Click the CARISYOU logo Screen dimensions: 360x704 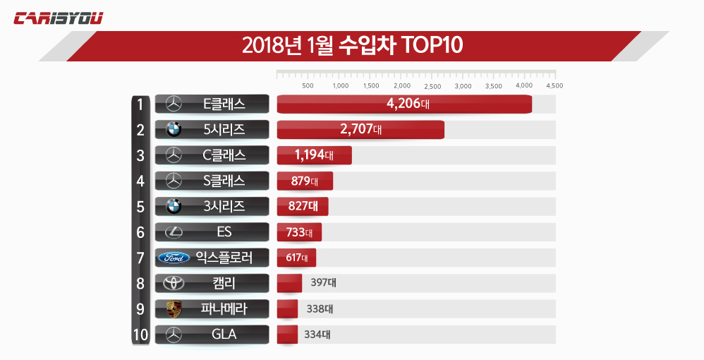[x=59, y=18]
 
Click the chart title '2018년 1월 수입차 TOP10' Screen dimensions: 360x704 [x=352, y=45]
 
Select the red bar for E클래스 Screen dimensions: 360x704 [x=403, y=104]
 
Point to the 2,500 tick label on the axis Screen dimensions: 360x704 [x=433, y=86]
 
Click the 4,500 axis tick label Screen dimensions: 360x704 [x=554, y=86]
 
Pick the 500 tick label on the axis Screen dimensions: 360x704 [x=308, y=86]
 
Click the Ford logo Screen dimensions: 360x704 [x=174, y=258]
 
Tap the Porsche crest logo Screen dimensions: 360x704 [x=174, y=308]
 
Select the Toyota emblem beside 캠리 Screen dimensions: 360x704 [x=174, y=283]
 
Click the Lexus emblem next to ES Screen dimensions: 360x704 [x=174, y=232]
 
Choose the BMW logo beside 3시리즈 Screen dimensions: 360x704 [x=174, y=206]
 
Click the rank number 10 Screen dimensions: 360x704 [x=140, y=335]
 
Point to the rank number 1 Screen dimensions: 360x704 [x=140, y=104]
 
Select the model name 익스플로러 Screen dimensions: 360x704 [x=224, y=258]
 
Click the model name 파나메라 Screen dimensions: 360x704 [x=224, y=308]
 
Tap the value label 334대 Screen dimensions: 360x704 [x=317, y=335]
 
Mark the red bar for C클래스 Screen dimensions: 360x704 [x=314, y=155]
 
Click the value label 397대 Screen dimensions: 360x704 [x=323, y=283]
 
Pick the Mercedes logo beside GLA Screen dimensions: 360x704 [x=174, y=335]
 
